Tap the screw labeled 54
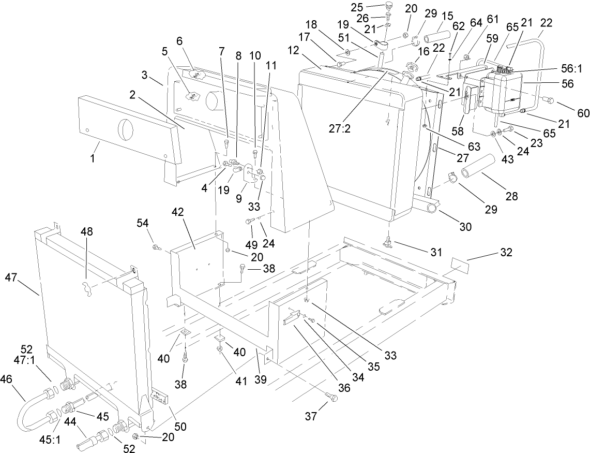pos(155,248)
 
